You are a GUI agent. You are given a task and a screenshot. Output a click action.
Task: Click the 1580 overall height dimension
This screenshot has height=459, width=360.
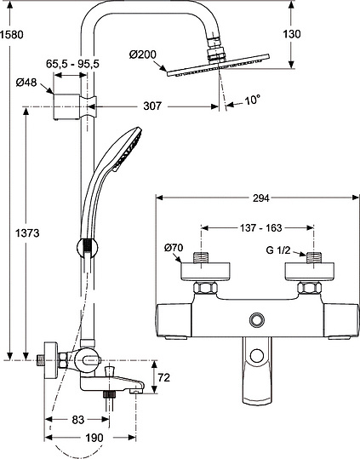(12, 35)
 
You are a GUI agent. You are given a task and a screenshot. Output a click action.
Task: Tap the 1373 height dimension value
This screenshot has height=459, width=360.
(27, 233)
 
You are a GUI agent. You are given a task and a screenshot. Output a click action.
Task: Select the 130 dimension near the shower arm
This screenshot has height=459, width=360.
(292, 34)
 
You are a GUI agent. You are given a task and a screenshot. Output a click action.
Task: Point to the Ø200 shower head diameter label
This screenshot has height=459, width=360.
(143, 55)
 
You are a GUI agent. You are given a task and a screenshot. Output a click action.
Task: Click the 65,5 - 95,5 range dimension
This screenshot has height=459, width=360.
(73, 64)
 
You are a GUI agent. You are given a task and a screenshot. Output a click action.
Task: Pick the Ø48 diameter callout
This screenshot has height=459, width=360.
(26, 83)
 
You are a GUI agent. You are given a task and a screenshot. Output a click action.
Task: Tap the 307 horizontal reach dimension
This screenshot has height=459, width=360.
(152, 106)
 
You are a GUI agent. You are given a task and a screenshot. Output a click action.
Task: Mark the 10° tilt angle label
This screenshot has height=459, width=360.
(253, 100)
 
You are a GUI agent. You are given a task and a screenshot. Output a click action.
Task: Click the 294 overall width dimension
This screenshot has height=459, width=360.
(261, 198)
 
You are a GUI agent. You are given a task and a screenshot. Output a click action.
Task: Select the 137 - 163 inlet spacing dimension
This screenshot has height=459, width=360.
(261, 227)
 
